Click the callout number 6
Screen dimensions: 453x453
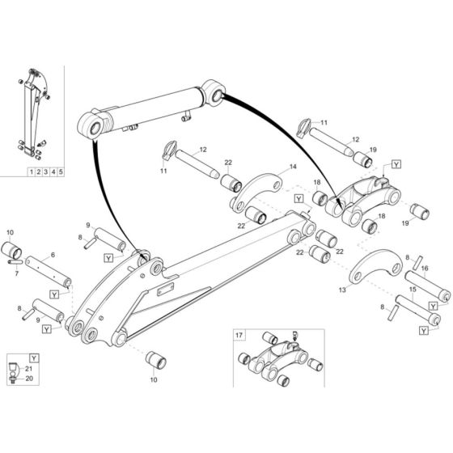(x=53, y=254)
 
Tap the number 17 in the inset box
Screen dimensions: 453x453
(x=238, y=333)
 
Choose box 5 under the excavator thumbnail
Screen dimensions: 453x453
(x=61, y=171)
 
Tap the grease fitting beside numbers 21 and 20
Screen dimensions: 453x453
(x=14, y=373)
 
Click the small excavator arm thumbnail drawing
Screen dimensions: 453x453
(x=33, y=113)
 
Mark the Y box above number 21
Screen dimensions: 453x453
(x=32, y=357)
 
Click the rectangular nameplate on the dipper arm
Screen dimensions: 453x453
(x=167, y=289)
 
